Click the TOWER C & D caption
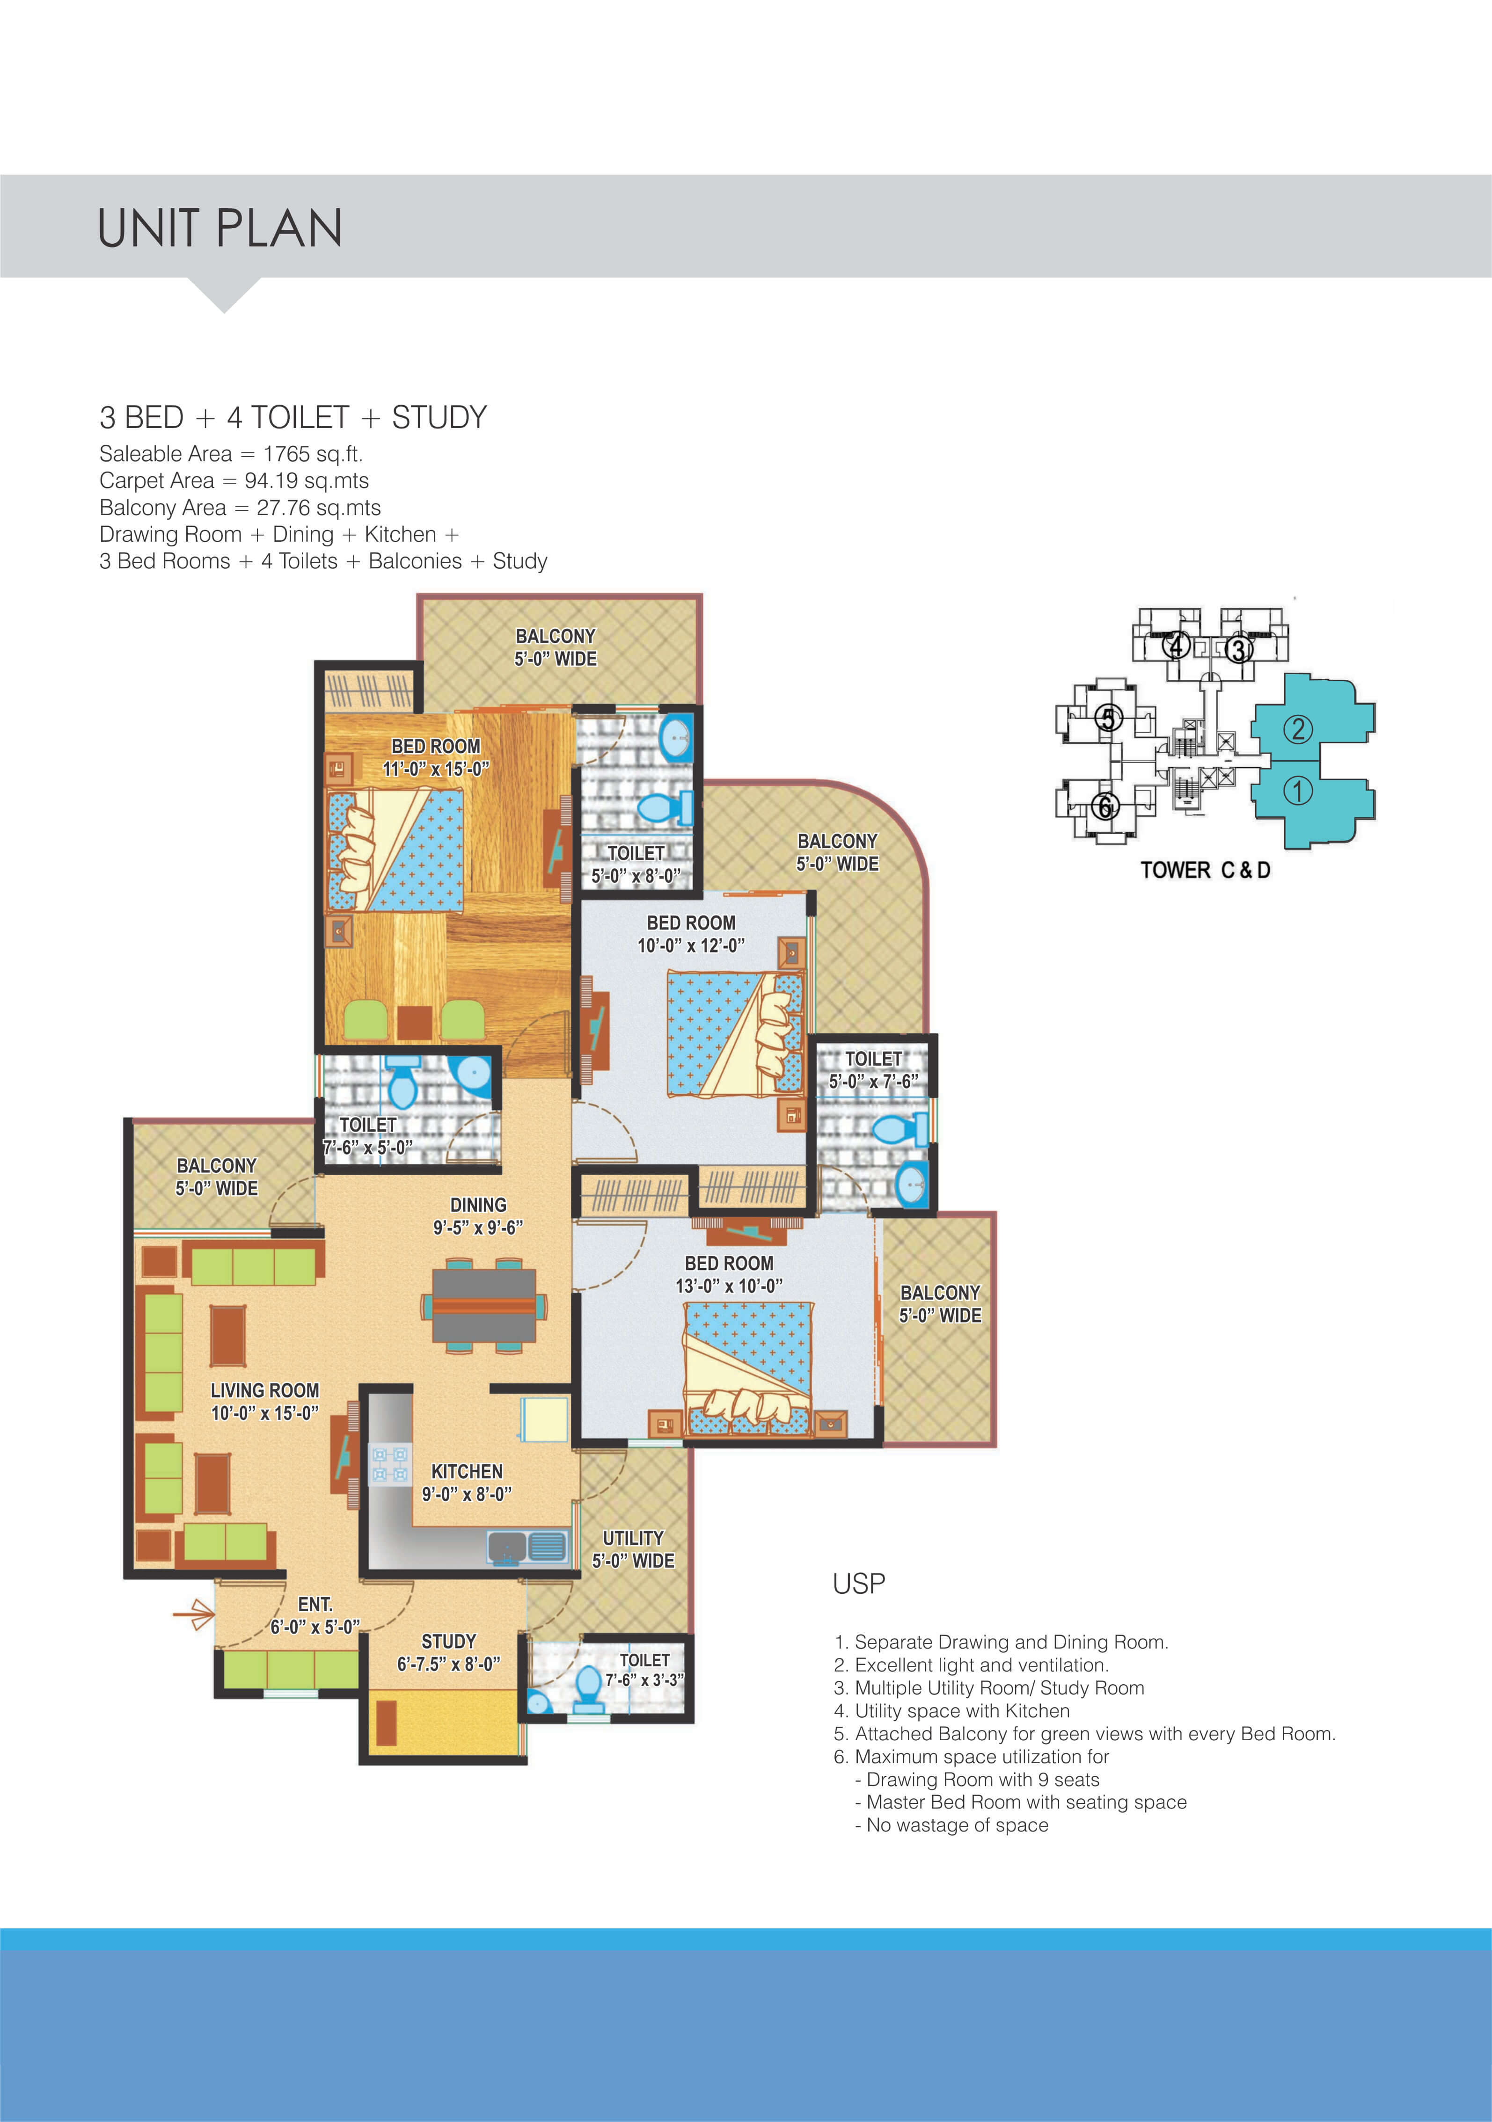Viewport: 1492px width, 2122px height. [1205, 870]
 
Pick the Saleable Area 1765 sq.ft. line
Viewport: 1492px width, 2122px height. [231, 454]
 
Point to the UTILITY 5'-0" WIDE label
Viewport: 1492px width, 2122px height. [633, 1549]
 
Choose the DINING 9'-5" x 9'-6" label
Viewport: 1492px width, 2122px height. [478, 1216]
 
